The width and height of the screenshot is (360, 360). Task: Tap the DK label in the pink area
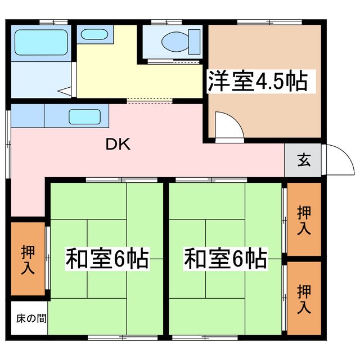click(x=118, y=145)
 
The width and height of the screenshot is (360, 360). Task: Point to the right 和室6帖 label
click(x=225, y=259)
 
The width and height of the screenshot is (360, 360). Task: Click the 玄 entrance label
click(x=303, y=160)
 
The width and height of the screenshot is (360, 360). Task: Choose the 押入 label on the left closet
click(x=27, y=259)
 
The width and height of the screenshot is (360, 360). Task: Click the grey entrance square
click(x=303, y=160)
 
